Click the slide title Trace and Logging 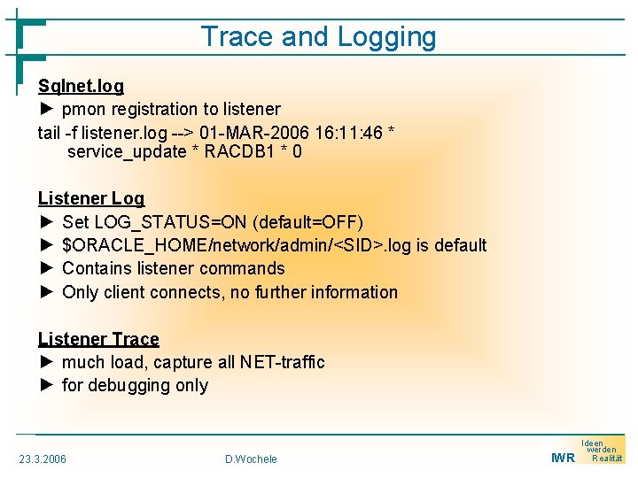pyautogui.click(x=318, y=37)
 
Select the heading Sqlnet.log pyautogui.click(x=81, y=86)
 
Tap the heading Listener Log pyautogui.click(x=90, y=198)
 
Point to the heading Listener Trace pyautogui.click(x=98, y=339)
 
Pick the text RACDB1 pyautogui.click(x=239, y=151)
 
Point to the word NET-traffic pyautogui.click(x=278, y=362)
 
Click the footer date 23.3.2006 pyautogui.click(x=43, y=459)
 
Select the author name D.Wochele pyautogui.click(x=251, y=459)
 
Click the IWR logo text pyautogui.click(x=563, y=458)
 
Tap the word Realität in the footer pyautogui.click(x=607, y=459)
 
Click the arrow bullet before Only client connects pyautogui.click(x=47, y=292)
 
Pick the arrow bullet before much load pyautogui.click(x=47, y=362)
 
